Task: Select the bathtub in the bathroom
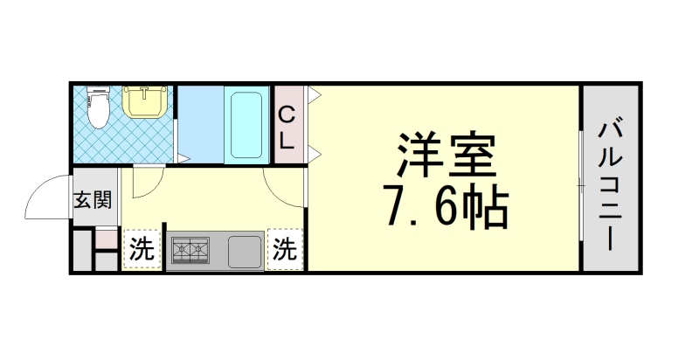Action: click(247, 124)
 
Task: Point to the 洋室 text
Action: click(446, 156)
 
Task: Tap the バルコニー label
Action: click(611, 179)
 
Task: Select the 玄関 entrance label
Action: click(92, 200)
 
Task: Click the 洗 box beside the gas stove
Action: click(142, 250)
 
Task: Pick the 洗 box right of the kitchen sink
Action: click(285, 250)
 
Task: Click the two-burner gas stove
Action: click(191, 252)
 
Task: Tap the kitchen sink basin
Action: click(244, 252)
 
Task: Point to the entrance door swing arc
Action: click(45, 197)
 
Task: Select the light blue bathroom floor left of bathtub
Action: click(200, 124)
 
